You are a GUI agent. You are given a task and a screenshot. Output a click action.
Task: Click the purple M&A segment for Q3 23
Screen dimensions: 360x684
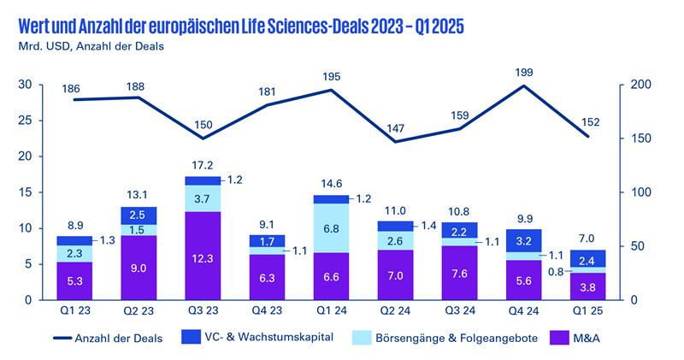pyautogui.click(x=203, y=256)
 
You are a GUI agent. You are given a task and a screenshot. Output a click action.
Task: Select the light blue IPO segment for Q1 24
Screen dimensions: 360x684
pyautogui.click(x=332, y=227)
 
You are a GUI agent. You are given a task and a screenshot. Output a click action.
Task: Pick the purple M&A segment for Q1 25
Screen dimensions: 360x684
pyautogui.click(x=589, y=286)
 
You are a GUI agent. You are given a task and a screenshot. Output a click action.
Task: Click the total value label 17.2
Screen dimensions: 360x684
pyautogui.click(x=203, y=165)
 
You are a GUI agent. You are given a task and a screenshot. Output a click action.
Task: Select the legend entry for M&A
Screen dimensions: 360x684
pyautogui.click(x=587, y=338)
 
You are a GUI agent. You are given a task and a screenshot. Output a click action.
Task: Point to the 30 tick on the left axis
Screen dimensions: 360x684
pyautogui.click(x=26, y=85)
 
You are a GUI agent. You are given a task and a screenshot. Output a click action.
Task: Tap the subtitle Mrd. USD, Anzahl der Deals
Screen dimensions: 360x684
pyautogui.click(x=85, y=45)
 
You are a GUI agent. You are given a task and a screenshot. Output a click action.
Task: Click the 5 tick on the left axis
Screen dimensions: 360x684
pyautogui.click(x=29, y=264)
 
